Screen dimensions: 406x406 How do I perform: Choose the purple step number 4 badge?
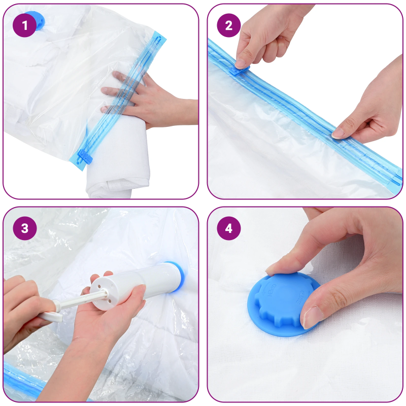click(x=228, y=228)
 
